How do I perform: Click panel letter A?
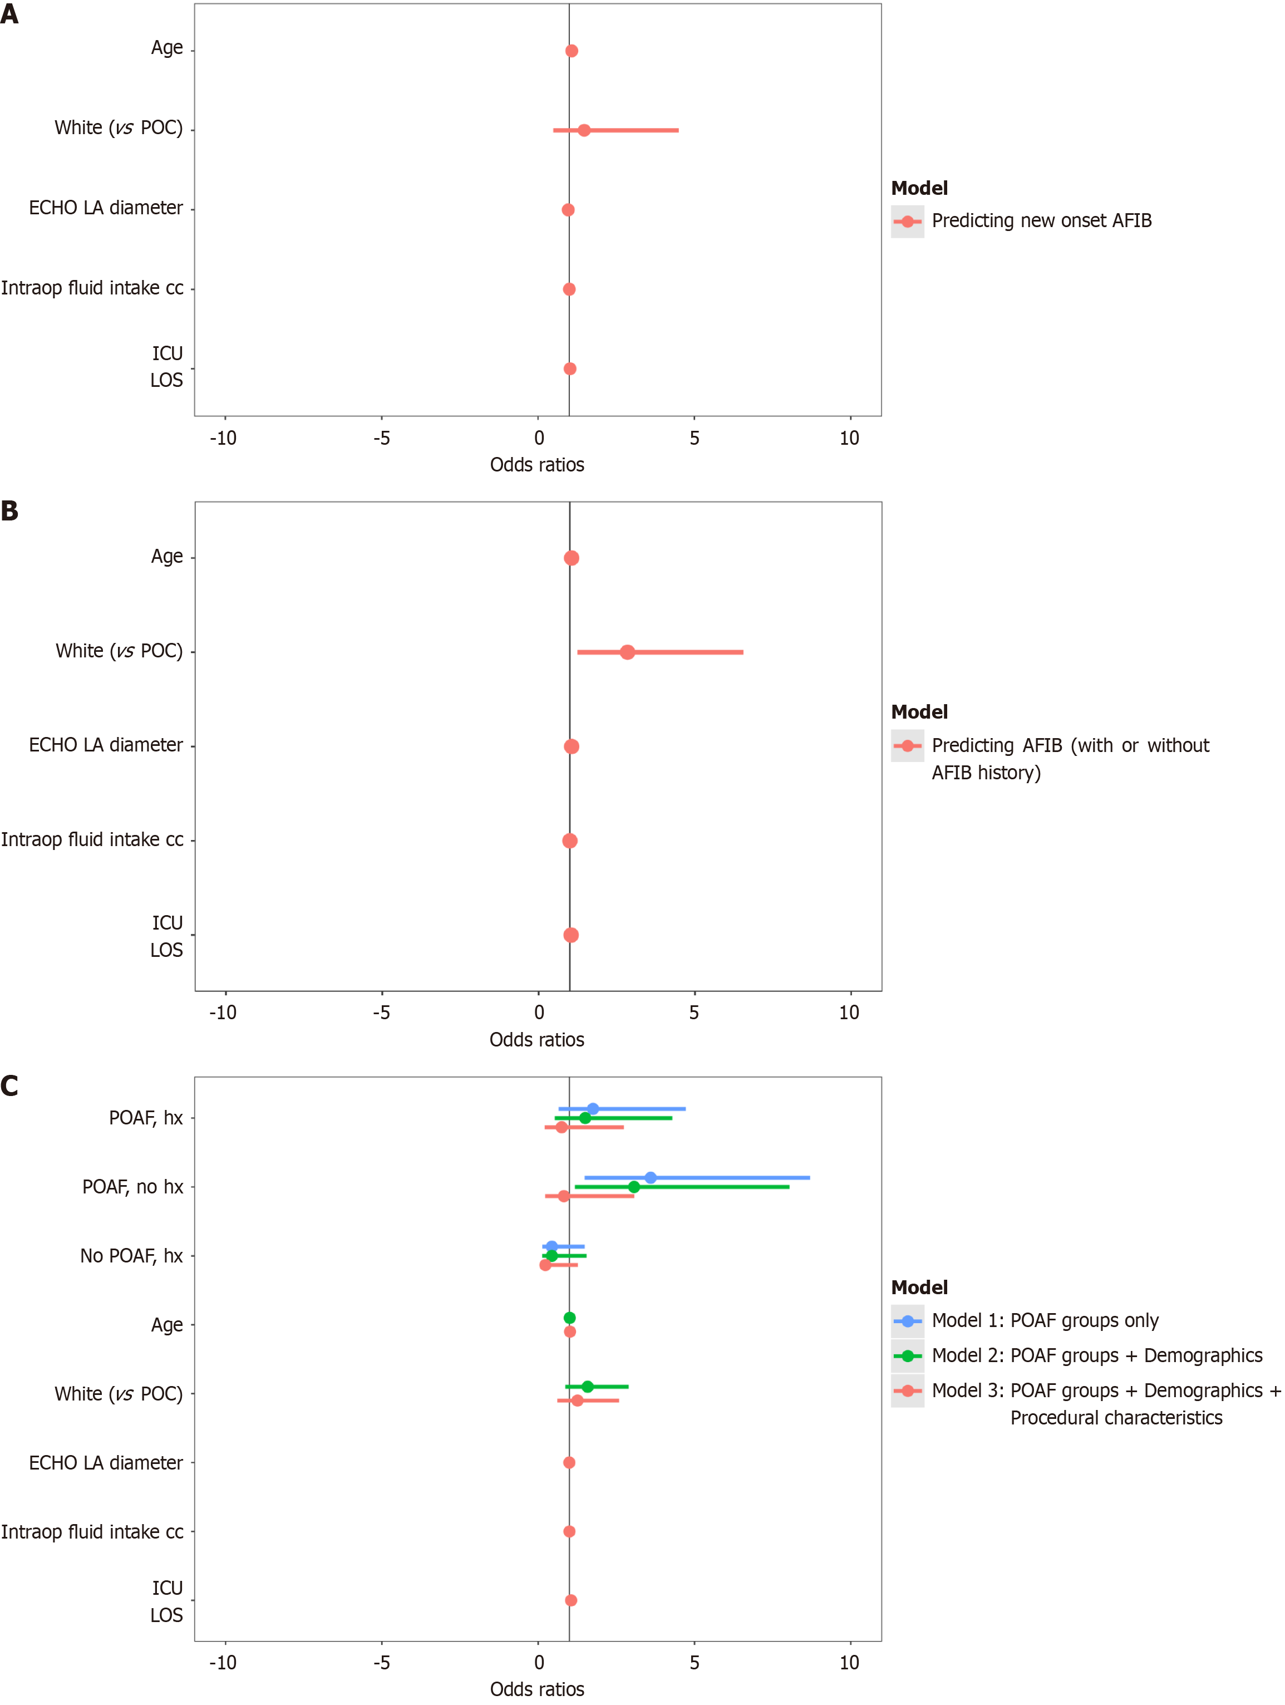pos(9,14)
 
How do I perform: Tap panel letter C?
pos(9,1086)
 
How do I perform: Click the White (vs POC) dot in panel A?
pos(584,130)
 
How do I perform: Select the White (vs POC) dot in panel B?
pos(627,652)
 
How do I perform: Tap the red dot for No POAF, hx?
pos(545,1265)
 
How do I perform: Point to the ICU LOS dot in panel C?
pos(570,1600)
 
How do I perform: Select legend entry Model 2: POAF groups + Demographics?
pos(1096,1355)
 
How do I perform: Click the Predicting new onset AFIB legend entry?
pos(1041,221)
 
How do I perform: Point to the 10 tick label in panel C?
pos(849,1663)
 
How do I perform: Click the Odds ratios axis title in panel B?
pos(536,1040)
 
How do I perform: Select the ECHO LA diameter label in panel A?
pos(106,208)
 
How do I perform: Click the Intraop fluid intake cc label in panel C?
pos(92,1531)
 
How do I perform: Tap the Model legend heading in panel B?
pos(919,711)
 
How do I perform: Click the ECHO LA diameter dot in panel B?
pos(570,746)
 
